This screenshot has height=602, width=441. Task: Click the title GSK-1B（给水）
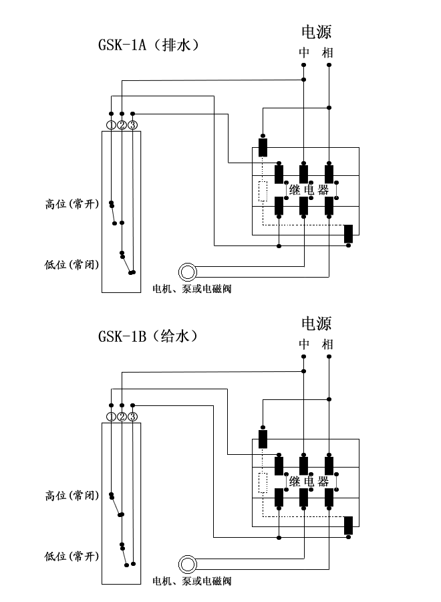(148, 336)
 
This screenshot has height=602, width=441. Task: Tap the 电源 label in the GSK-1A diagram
(317, 31)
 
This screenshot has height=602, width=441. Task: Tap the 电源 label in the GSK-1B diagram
(317, 324)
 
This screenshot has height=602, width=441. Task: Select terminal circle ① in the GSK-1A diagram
(111, 125)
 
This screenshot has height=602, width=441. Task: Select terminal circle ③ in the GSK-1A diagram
(133, 125)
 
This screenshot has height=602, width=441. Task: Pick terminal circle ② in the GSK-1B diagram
(122, 417)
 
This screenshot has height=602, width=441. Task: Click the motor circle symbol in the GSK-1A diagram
(188, 272)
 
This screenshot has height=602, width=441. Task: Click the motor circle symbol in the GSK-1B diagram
(188, 563)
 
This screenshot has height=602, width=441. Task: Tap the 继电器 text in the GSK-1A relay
(309, 190)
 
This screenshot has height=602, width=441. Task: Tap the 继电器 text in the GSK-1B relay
(309, 482)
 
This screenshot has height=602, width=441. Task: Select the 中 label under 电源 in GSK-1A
(304, 52)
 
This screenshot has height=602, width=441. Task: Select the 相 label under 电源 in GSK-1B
(327, 344)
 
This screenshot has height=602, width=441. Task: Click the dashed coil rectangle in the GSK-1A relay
(263, 191)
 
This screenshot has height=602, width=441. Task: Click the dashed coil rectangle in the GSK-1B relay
(263, 482)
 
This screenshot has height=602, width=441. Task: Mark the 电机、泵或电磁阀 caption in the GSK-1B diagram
(192, 581)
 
